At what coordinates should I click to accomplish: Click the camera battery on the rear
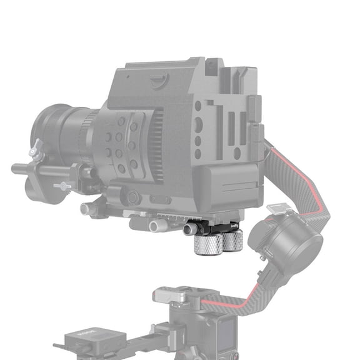232,185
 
